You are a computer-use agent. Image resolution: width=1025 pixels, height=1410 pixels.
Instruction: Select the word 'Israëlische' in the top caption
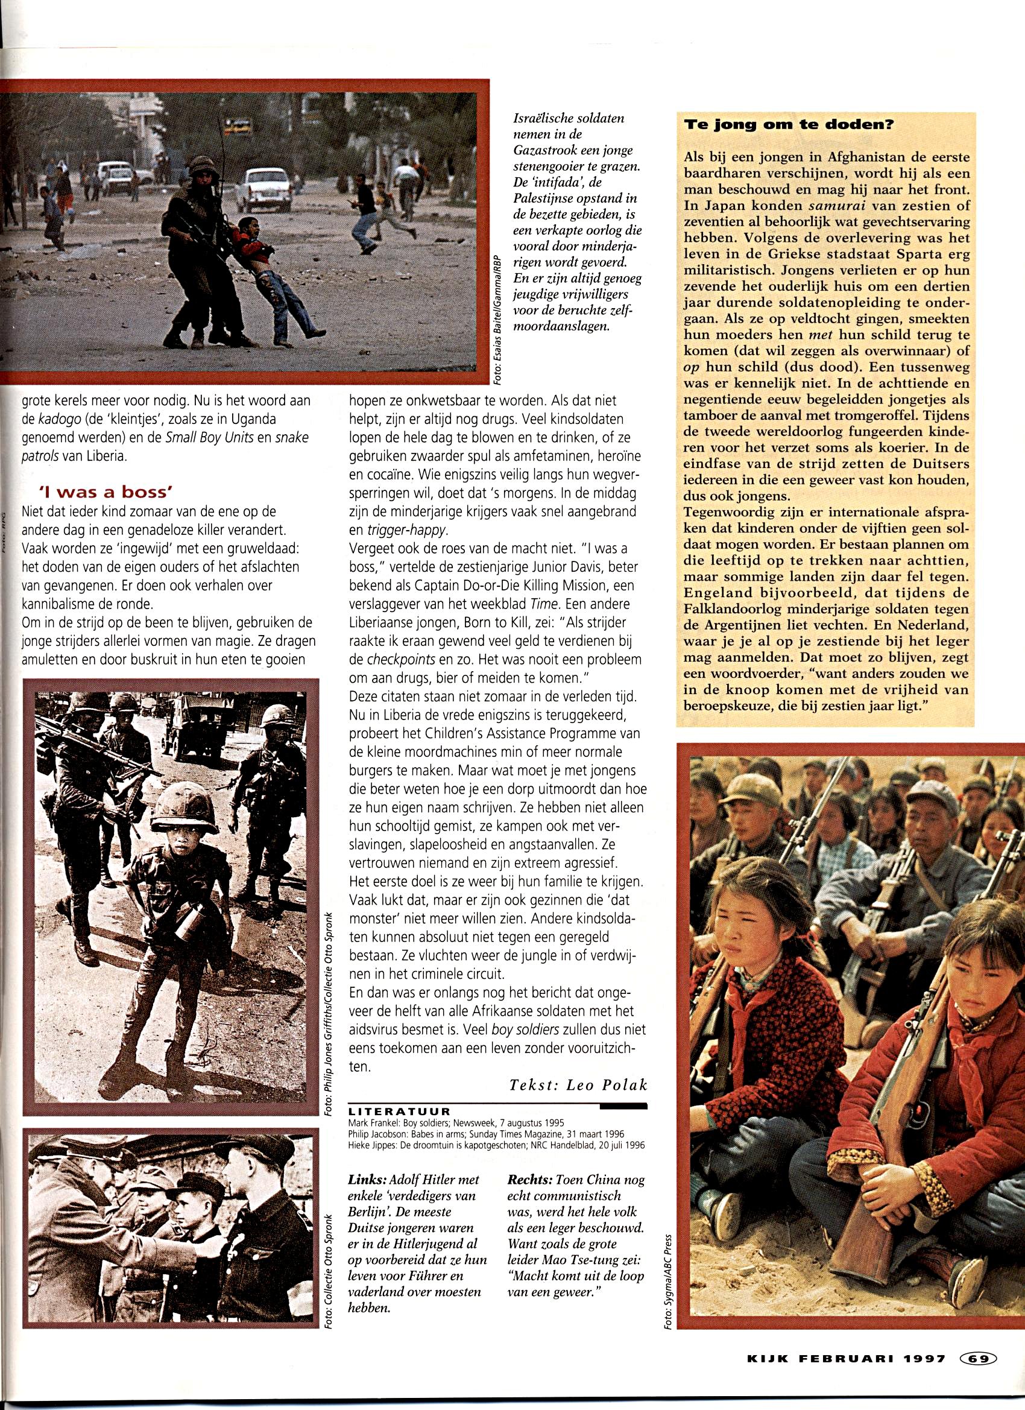click(541, 118)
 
